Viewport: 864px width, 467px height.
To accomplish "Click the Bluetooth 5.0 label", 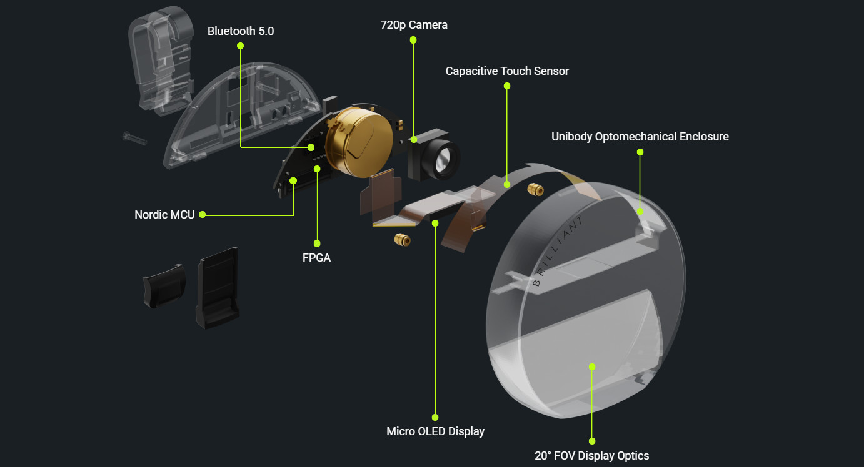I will pyautogui.click(x=241, y=31).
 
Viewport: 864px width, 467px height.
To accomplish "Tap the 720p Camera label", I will pyautogui.click(x=414, y=25).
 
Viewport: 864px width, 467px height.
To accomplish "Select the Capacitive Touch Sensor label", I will pyautogui.click(x=507, y=71).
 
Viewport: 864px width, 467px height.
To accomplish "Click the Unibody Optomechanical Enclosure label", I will pyautogui.click(x=640, y=137).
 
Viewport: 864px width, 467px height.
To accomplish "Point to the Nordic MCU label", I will pyautogui.click(x=164, y=215).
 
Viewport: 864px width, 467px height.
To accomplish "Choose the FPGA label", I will pyautogui.click(x=316, y=257).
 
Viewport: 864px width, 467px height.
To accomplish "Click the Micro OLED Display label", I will pyautogui.click(x=435, y=431).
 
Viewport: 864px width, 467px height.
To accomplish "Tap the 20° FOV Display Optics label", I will pyautogui.click(x=591, y=456).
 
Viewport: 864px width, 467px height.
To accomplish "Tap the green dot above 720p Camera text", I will pyautogui.click(x=413, y=40).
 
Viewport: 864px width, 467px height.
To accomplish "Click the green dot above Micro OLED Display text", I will pyautogui.click(x=435, y=417).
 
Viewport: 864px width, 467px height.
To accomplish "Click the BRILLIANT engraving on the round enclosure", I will pyautogui.click(x=558, y=250).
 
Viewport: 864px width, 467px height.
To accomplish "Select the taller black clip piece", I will pyautogui.click(x=218, y=287).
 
